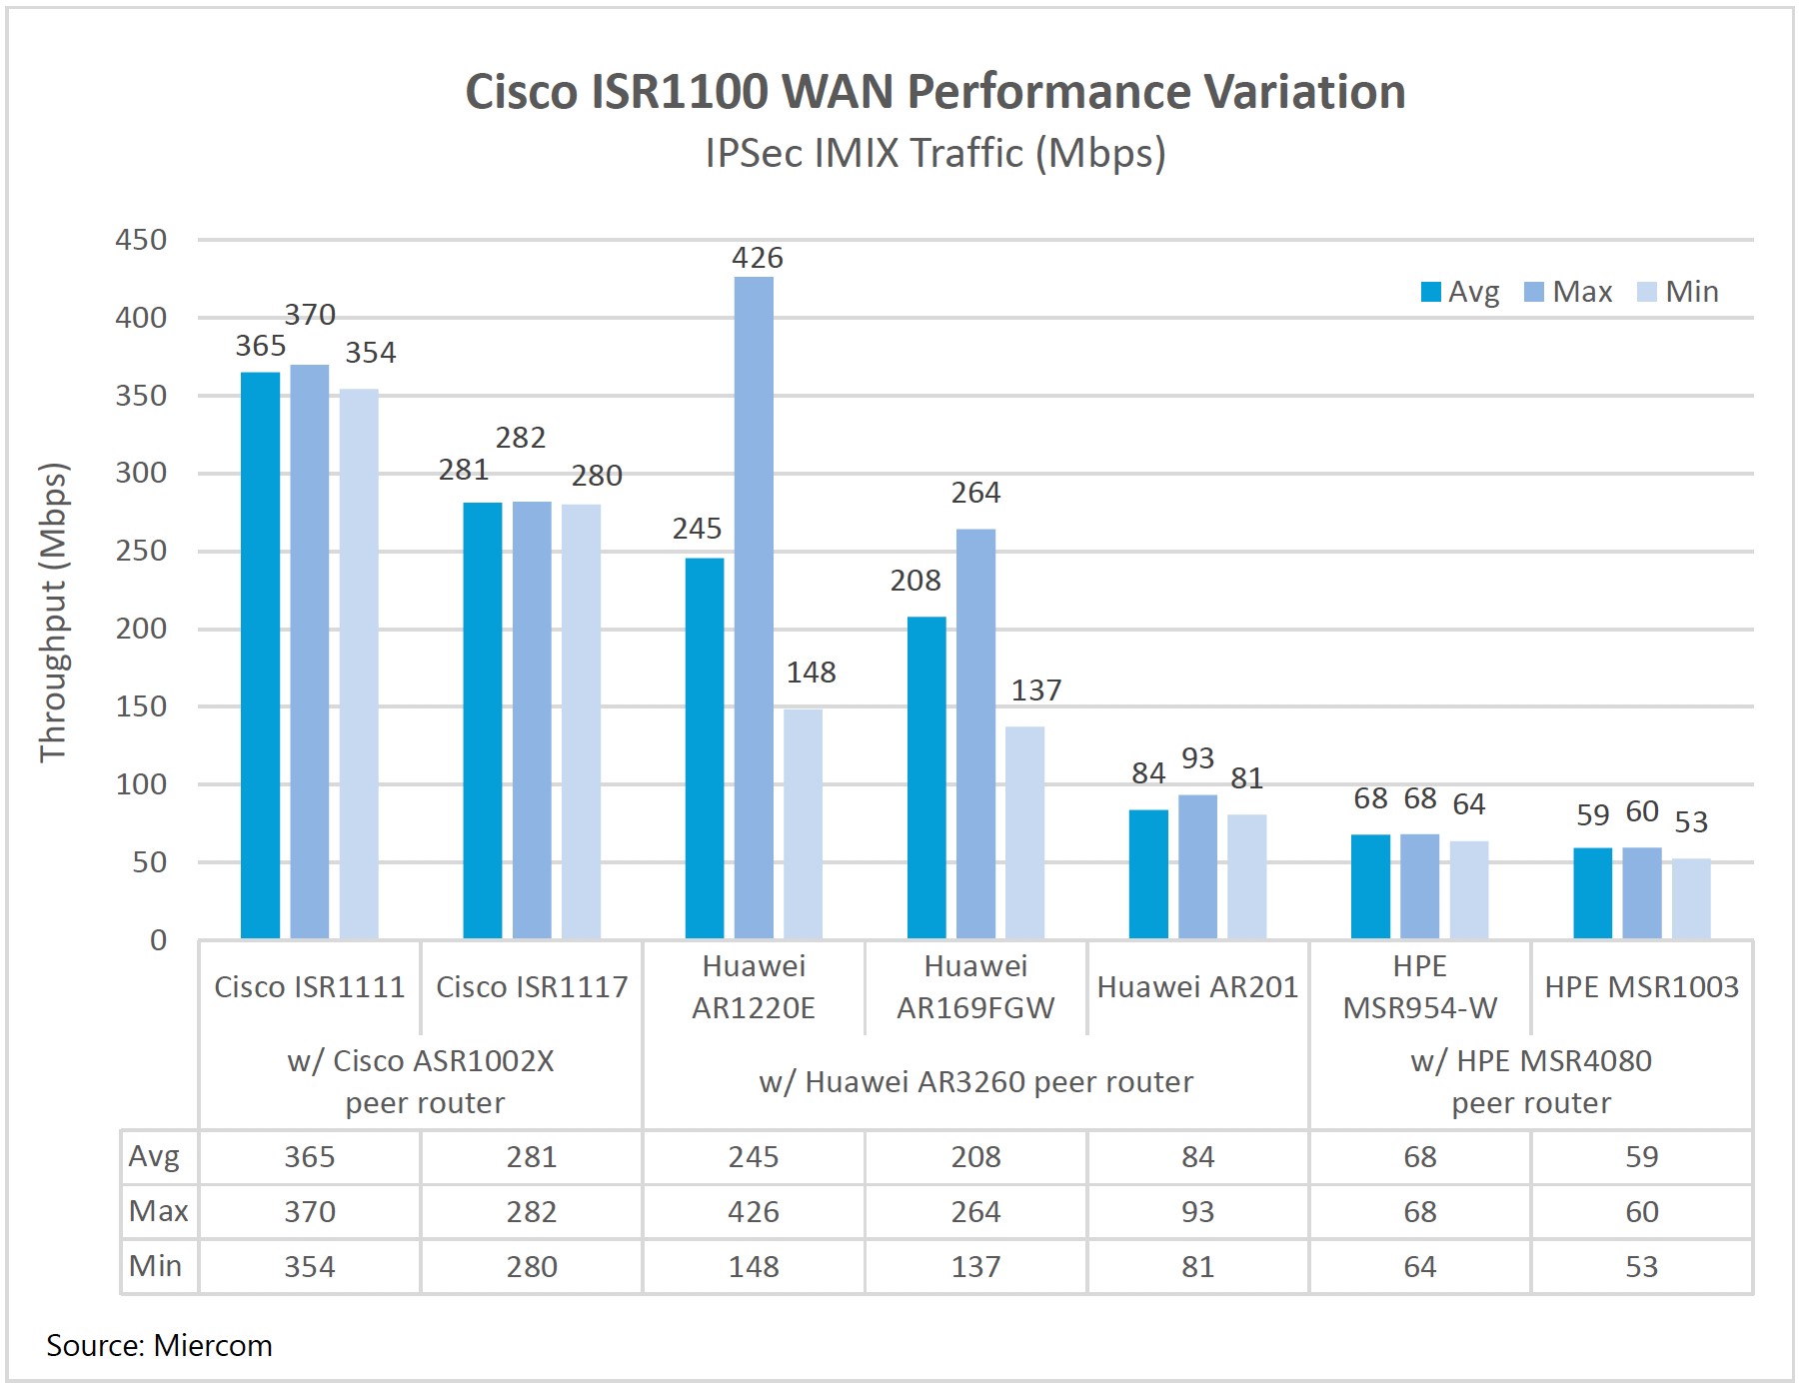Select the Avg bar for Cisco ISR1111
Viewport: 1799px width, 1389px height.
click(260, 655)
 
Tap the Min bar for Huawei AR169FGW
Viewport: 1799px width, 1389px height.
click(1024, 831)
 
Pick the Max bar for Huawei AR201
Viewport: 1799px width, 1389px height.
click(1197, 866)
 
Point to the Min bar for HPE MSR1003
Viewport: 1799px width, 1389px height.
click(1690, 898)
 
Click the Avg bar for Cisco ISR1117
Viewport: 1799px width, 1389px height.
click(482, 719)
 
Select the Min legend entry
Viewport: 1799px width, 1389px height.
click(1678, 292)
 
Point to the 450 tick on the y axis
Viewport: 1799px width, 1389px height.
click(141, 240)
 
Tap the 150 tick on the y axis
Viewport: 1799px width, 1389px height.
click(141, 706)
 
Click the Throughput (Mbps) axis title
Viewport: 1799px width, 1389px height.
click(53, 613)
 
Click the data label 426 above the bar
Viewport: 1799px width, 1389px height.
click(757, 258)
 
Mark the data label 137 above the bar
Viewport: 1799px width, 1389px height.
click(1035, 691)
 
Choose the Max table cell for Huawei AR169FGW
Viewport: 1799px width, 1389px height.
click(975, 1212)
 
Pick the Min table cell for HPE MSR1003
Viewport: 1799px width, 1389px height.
click(1641, 1267)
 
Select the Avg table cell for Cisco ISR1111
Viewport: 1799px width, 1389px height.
click(310, 1157)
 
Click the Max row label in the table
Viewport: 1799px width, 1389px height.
click(158, 1211)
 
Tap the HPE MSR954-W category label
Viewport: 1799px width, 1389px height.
click(1419, 987)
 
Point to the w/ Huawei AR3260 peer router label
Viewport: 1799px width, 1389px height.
click(975, 1082)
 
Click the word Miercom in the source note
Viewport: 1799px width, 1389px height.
click(213, 1346)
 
